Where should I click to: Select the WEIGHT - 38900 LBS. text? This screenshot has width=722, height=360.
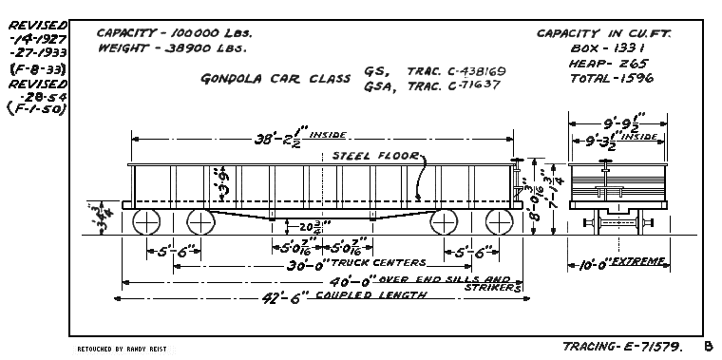(170, 47)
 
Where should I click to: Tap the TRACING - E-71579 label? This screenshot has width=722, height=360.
(621, 347)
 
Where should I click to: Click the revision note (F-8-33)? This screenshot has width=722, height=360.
(31, 68)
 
